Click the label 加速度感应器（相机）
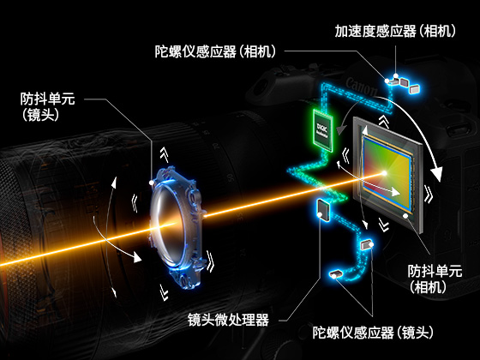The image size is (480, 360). point(395,31)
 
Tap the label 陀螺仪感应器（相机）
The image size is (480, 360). point(215,51)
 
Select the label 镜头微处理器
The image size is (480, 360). point(228,320)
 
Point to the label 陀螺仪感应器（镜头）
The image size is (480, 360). point(373,333)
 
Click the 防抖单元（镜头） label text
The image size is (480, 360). point(47,107)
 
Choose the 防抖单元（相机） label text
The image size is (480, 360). point(435,279)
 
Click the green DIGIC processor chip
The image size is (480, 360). point(323,129)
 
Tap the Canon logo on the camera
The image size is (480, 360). point(362,87)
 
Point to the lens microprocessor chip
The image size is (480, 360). point(324,210)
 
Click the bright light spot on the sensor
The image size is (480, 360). point(384,173)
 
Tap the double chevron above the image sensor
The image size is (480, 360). point(384,122)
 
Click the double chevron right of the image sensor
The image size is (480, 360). point(429,194)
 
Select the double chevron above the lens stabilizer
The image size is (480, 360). point(165,154)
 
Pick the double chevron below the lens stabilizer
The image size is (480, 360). point(164,292)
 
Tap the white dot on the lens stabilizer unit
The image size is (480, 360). point(152,183)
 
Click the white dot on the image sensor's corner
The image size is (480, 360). point(405,216)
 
